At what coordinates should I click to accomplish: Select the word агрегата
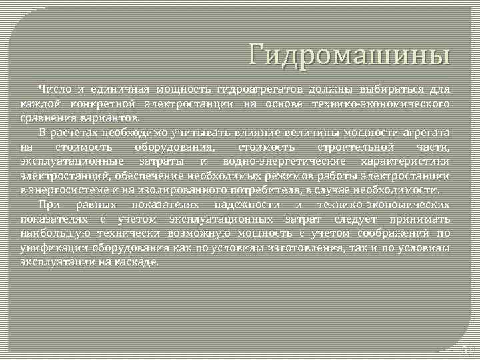tap(425, 132)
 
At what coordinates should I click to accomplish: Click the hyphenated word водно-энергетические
tap(284, 161)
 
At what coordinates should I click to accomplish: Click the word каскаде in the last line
tap(139, 262)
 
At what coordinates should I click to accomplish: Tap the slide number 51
tap(466, 349)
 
